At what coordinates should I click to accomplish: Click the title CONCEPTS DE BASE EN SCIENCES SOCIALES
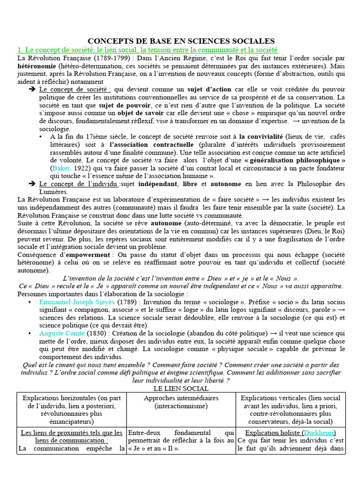(181, 41)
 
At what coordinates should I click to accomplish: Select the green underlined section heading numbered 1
(147, 50)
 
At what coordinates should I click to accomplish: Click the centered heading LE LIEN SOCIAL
(180, 389)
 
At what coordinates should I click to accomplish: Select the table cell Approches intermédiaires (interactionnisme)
(181, 402)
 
